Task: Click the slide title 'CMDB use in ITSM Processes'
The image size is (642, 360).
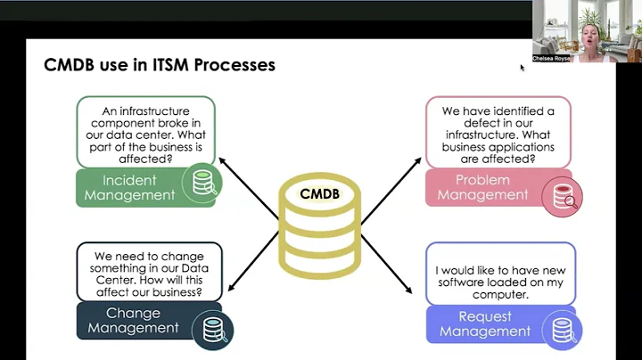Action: (160, 65)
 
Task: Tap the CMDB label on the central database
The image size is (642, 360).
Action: (320, 193)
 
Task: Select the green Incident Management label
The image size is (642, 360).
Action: (130, 188)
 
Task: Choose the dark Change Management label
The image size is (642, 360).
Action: (133, 321)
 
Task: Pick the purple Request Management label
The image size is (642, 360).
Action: (483, 323)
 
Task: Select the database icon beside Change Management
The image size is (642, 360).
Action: (213, 329)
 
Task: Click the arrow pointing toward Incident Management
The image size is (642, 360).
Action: (247, 185)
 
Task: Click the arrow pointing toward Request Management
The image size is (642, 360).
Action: (389, 267)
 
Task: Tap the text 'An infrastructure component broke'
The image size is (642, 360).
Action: (145, 118)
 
